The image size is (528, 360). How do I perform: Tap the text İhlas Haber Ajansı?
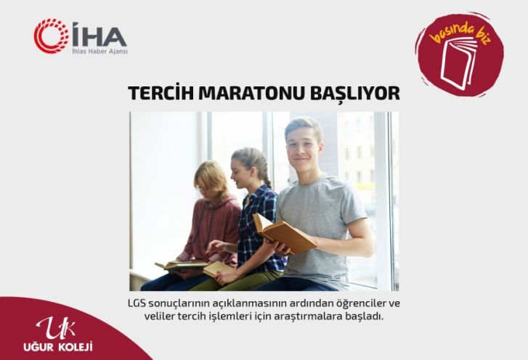pos(100,52)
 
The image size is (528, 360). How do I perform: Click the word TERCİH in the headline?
pos(161,92)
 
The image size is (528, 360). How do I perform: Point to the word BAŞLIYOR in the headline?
pos(354,93)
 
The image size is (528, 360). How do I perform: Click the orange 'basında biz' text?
pos(461,33)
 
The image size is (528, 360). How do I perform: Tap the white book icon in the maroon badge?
pos(458,63)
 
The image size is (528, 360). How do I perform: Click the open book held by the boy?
pos(284,233)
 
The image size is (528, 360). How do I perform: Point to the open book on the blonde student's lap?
pos(181,266)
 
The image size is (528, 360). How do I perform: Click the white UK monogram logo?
pos(57,328)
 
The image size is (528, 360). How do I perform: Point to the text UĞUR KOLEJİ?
pos(58,346)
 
